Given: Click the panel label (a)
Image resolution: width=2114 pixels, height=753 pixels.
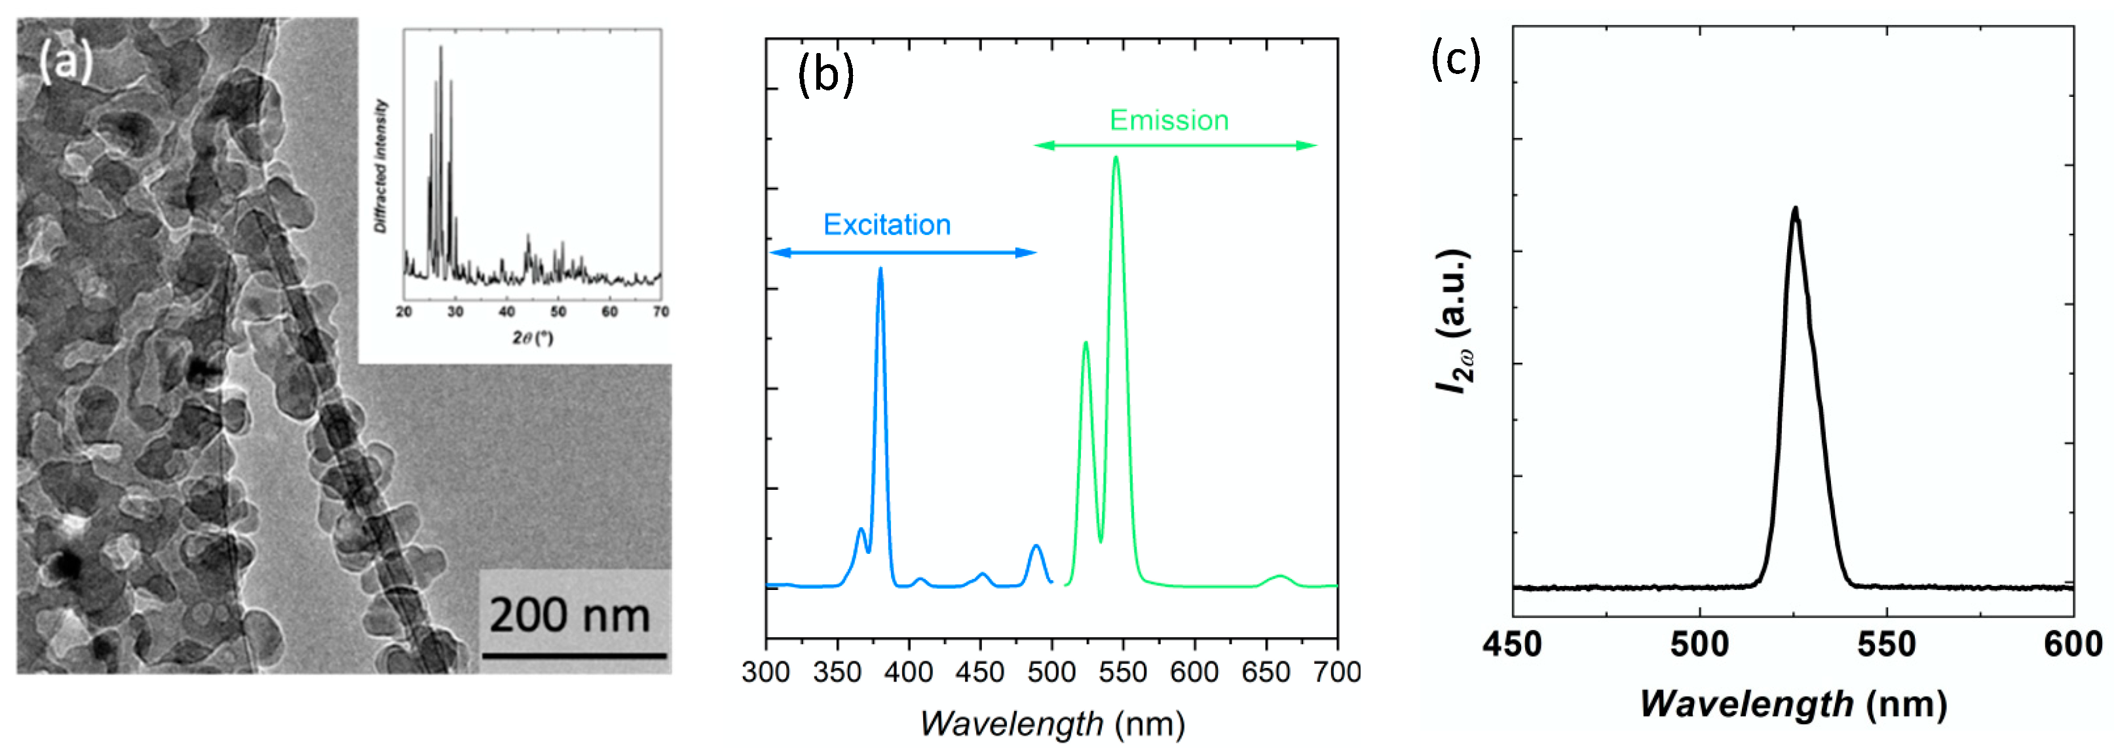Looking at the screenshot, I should pos(66,62).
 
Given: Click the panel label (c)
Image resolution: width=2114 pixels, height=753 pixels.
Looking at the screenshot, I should pos(1455,59).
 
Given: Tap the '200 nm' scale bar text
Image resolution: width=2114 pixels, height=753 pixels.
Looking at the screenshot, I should pos(569,615).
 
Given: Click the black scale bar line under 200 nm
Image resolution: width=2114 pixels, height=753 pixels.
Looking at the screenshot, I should pos(574,655).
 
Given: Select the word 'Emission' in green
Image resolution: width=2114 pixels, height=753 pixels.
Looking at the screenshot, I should pos(1169,120).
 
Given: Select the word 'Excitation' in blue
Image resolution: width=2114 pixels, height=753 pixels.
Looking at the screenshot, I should pos(886,225).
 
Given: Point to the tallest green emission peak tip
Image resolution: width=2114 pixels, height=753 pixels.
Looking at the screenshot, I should pos(1115,158).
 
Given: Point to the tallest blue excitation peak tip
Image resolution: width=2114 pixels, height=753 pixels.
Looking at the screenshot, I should pos(880,269).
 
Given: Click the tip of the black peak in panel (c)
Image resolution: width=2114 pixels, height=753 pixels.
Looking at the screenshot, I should pos(1795,209).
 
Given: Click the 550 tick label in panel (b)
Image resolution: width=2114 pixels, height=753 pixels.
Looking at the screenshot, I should pos(1123,672).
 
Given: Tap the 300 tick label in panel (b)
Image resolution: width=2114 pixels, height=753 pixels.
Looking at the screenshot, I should pos(766,672).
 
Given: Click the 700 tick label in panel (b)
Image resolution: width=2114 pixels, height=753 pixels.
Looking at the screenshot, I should pos(1337,672).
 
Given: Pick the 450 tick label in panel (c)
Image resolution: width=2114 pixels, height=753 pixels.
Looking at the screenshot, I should pos(1512,645).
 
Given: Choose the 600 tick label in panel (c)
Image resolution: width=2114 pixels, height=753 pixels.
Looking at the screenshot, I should pos(2073,645).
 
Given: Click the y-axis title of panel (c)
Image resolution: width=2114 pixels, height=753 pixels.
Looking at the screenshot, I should pos(1454,321).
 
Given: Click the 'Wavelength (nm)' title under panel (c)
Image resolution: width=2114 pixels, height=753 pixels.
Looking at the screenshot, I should pos(1792,705).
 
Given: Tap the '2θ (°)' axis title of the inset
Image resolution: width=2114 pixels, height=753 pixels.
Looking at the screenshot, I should pos(533,337).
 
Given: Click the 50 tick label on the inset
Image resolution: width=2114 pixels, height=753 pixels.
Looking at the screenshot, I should pos(558,312).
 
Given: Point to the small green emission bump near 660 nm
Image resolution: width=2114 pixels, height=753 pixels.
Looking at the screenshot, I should pos(1279,578).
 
